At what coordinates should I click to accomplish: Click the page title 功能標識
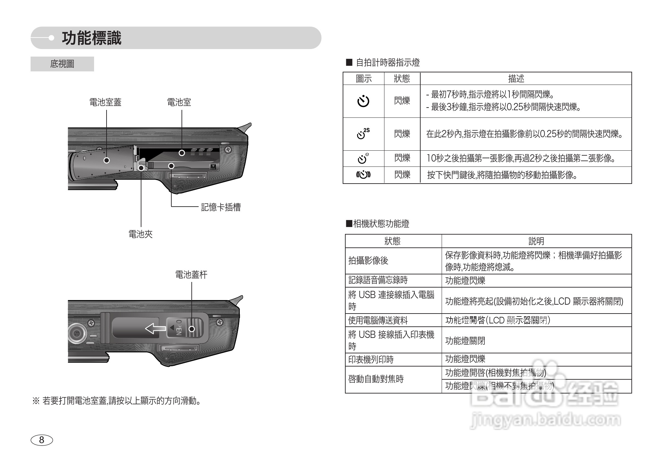91,38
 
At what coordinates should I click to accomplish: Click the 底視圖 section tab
62,64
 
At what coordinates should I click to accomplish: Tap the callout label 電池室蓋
105,102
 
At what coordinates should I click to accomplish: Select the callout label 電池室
179,102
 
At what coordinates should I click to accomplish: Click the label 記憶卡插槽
221,207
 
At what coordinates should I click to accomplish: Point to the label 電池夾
140,234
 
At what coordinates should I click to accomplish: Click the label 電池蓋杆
191,275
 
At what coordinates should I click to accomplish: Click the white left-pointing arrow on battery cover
156,328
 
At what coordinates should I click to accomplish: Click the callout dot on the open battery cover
107,160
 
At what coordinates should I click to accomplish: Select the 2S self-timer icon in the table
363,134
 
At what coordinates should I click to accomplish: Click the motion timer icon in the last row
363,175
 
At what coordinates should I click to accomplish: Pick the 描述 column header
516,79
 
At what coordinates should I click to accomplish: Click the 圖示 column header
364,79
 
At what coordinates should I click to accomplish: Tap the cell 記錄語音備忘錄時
378,280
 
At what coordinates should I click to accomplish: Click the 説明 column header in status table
536,241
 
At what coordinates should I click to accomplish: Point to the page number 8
41,440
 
